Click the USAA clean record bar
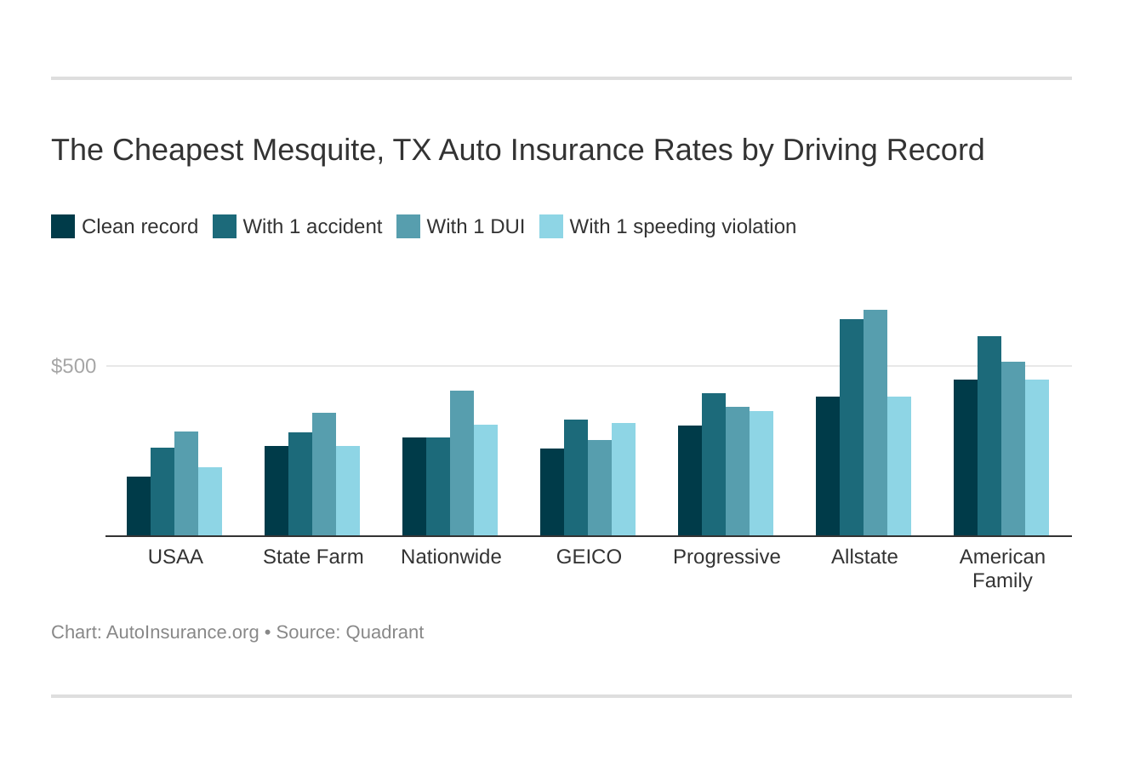point(139,506)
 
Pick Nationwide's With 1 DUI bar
point(462,463)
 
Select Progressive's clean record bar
point(690,481)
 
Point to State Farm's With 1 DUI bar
point(324,474)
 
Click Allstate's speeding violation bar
point(899,466)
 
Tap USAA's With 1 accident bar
point(162,492)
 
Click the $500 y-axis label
point(74,366)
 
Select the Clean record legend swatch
point(63,226)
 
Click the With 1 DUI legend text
point(476,226)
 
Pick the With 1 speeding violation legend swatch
point(551,226)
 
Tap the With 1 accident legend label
point(312,226)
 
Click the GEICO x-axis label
point(589,557)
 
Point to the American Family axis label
point(1002,569)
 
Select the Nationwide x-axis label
point(451,557)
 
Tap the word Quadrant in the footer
point(385,632)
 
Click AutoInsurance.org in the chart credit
point(182,632)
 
